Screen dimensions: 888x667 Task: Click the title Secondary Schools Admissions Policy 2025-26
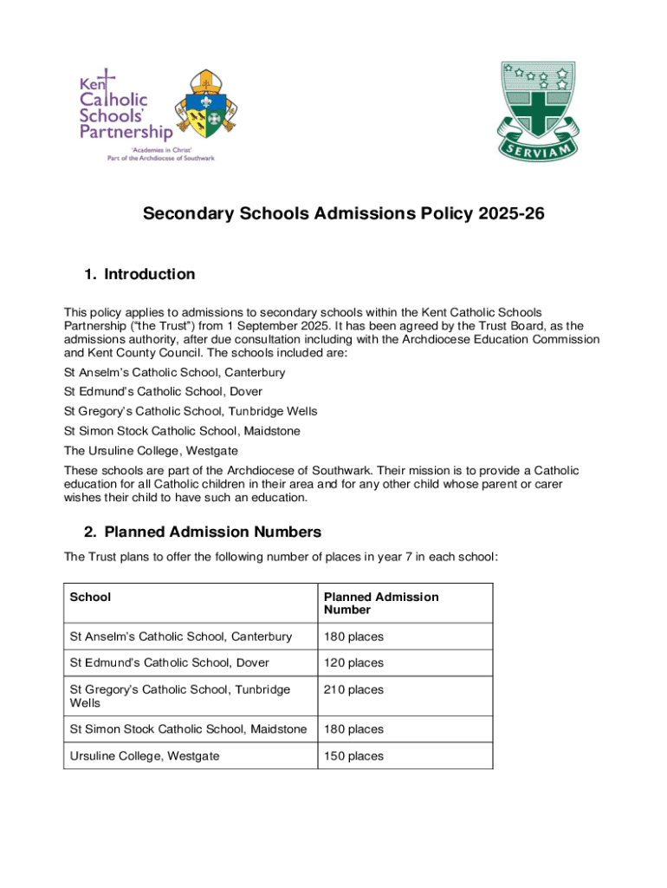pos(344,213)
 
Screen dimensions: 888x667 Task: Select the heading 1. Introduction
pos(139,275)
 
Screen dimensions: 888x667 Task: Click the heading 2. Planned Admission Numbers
pos(203,532)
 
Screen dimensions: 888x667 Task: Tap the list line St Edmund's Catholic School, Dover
pos(163,392)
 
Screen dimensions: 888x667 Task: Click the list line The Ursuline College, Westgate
pos(151,451)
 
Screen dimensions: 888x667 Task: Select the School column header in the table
pos(90,597)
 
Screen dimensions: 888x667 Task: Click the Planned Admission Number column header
pos(381,604)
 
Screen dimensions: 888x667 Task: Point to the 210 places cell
pos(353,690)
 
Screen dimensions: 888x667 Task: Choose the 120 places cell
pos(353,663)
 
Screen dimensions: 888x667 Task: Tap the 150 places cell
pos(353,756)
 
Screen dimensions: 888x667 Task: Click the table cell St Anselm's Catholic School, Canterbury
pos(181,637)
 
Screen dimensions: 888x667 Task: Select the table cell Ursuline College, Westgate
pos(145,756)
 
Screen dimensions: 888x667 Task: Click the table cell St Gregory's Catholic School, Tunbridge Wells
pos(180,696)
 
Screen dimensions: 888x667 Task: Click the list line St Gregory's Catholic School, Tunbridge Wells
pos(191,411)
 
